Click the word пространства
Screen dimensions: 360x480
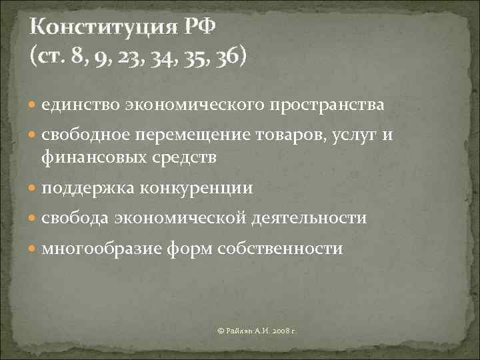[x=327, y=105]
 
